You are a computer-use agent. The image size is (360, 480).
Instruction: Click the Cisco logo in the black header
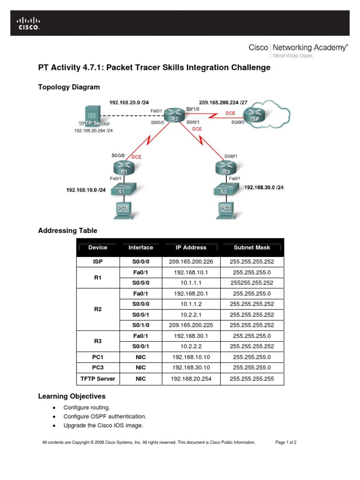click(29, 23)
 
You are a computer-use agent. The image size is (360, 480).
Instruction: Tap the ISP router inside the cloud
click(255, 116)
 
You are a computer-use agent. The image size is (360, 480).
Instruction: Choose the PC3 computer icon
click(223, 210)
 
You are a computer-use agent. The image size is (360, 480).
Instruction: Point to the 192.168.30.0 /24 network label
click(264, 187)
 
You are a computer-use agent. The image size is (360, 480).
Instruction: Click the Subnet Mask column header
click(252, 247)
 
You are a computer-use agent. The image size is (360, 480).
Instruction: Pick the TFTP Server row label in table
click(97, 378)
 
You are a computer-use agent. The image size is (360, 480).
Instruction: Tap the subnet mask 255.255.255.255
click(252, 378)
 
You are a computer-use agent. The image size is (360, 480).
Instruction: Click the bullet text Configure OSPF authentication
click(105, 416)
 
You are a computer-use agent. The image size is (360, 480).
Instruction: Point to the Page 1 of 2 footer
click(285, 442)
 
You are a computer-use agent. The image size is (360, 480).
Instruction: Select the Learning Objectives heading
click(72, 396)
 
